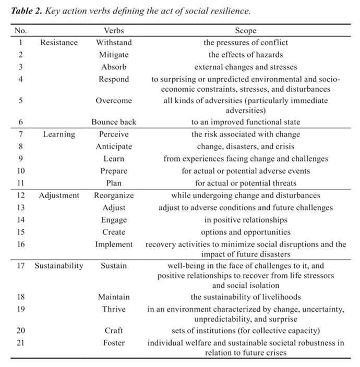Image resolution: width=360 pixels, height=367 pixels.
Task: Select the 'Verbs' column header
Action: click(x=114, y=31)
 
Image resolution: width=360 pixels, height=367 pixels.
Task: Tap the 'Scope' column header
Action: click(x=245, y=31)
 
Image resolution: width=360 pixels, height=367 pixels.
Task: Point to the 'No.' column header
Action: click(x=20, y=31)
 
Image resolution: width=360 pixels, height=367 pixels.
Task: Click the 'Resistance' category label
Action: click(x=59, y=43)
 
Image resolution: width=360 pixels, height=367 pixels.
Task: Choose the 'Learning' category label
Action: click(x=59, y=134)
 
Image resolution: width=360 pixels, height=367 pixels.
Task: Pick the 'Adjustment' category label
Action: click(x=59, y=195)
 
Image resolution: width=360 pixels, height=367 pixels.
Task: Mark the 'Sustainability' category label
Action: click(x=59, y=266)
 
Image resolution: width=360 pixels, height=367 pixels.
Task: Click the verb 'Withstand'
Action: click(x=114, y=43)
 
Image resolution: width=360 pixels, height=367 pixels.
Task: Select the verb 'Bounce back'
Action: click(x=114, y=122)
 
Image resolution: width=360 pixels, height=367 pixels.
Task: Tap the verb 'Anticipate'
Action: click(x=114, y=146)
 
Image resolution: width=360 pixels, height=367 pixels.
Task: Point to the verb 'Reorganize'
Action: click(x=114, y=195)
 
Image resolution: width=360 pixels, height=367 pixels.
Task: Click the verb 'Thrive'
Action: click(x=114, y=309)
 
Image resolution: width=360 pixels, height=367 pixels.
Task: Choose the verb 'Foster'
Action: click(x=114, y=342)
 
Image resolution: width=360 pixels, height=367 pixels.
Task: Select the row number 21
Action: click(x=20, y=342)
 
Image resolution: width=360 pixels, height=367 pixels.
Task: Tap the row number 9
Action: click(x=20, y=158)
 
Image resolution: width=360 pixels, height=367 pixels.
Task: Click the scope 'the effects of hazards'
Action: click(x=245, y=55)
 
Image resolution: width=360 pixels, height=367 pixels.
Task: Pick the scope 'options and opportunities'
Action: click(x=245, y=232)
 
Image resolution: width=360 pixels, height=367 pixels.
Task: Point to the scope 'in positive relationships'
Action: click(x=245, y=220)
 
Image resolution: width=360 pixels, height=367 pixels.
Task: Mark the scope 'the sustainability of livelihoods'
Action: click(x=245, y=297)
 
